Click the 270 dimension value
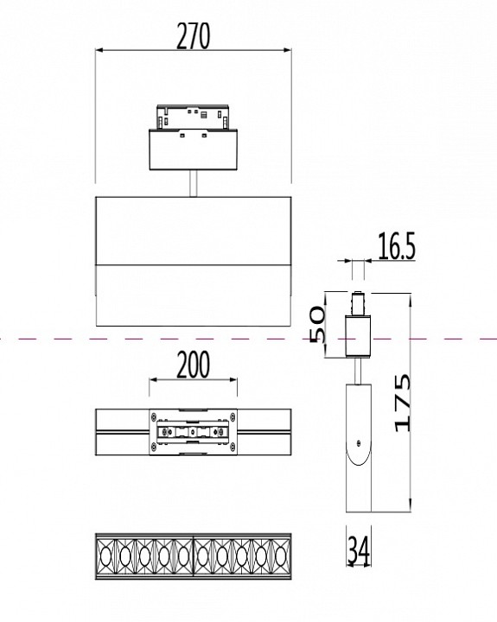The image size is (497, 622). [193, 36]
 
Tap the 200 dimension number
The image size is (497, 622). [193, 365]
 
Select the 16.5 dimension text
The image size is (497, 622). [396, 246]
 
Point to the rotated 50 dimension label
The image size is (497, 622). [317, 324]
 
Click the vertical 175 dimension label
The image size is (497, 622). [402, 403]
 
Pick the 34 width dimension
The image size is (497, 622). [359, 550]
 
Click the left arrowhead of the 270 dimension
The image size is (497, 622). [99, 50]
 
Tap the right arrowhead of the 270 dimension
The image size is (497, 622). [288, 50]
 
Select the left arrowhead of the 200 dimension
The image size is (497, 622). [153, 380]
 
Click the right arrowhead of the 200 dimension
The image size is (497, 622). [233, 380]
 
